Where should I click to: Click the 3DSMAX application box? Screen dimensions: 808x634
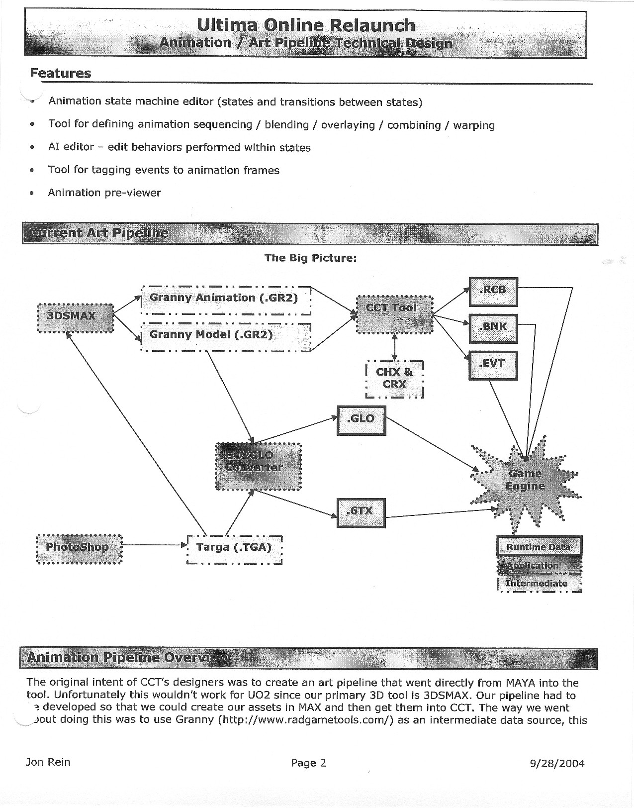(x=76, y=317)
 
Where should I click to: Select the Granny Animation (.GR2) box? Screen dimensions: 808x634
(x=226, y=300)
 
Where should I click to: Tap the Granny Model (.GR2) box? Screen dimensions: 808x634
(x=226, y=337)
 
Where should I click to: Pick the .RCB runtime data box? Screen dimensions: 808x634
(x=493, y=292)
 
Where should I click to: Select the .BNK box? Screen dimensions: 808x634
(x=493, y=328)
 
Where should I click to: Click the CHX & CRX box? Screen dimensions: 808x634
(x=394, y=379)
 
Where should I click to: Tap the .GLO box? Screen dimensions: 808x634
(x=361, y=420)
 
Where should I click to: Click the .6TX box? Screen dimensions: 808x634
(x=361, y=512)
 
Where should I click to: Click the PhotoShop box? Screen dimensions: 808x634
(x=79, y=548)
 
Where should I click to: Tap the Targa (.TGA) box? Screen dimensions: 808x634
(x=234, y=549)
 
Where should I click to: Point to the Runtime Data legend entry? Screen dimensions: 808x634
(x=539, y=547)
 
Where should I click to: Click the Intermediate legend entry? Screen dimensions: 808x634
(x=539, y=584)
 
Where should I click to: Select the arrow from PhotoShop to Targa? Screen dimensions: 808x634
(x=154, y=545)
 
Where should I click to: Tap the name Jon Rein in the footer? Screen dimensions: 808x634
(x=48, y=762)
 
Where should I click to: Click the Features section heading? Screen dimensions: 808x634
(x=61, y=73)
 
